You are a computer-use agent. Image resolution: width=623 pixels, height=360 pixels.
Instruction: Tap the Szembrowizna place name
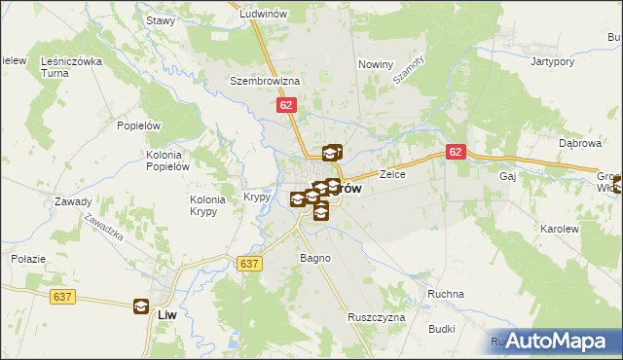[265, 82]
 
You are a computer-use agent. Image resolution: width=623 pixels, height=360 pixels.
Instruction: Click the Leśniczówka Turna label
[71, 67]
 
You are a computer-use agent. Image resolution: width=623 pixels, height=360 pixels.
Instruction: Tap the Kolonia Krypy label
[208, 205]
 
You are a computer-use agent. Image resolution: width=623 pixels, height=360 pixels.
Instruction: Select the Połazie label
[28, 259]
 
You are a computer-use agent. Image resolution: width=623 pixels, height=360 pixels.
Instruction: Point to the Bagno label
[315, 258]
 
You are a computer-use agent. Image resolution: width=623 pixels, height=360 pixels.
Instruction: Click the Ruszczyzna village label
[375, 318]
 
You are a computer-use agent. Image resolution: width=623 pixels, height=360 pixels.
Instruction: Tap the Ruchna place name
[446, 294]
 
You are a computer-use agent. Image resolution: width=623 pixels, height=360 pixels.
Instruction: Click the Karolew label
[559, 229]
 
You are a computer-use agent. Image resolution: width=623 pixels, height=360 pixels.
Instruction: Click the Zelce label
[392, 175]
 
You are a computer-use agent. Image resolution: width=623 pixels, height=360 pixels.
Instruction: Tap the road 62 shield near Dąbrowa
[457, 153]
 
